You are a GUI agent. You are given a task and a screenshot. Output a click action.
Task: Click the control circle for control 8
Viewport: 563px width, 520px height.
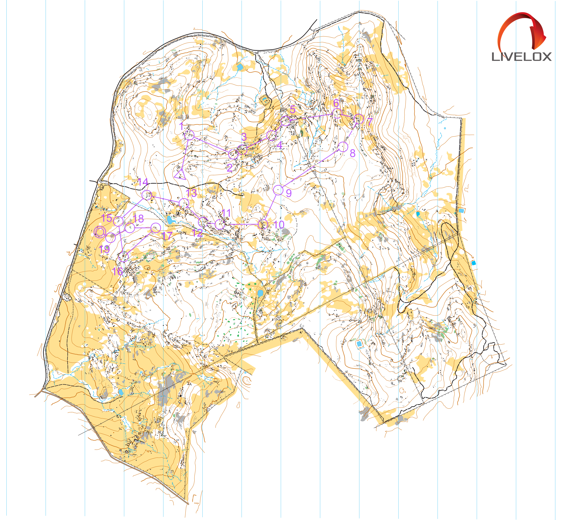coord(343,147)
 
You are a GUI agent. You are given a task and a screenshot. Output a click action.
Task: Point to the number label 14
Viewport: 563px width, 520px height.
coord(143,182)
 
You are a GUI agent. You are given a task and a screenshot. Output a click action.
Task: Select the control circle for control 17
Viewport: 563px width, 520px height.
coord(156,228)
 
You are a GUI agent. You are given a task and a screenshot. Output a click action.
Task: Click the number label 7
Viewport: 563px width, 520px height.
coord(369,122)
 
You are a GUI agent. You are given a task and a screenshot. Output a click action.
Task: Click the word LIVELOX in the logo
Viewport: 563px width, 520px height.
coord(521,57)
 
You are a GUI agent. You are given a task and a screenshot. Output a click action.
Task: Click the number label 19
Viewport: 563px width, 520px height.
coord(104,249)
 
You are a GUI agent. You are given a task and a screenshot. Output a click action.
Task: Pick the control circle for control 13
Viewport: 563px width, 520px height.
coord(184,203)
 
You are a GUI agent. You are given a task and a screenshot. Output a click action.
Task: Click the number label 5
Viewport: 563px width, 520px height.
coord(293,109)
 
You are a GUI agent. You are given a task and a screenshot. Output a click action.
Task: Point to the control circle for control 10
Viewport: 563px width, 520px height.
coord(263,224)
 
